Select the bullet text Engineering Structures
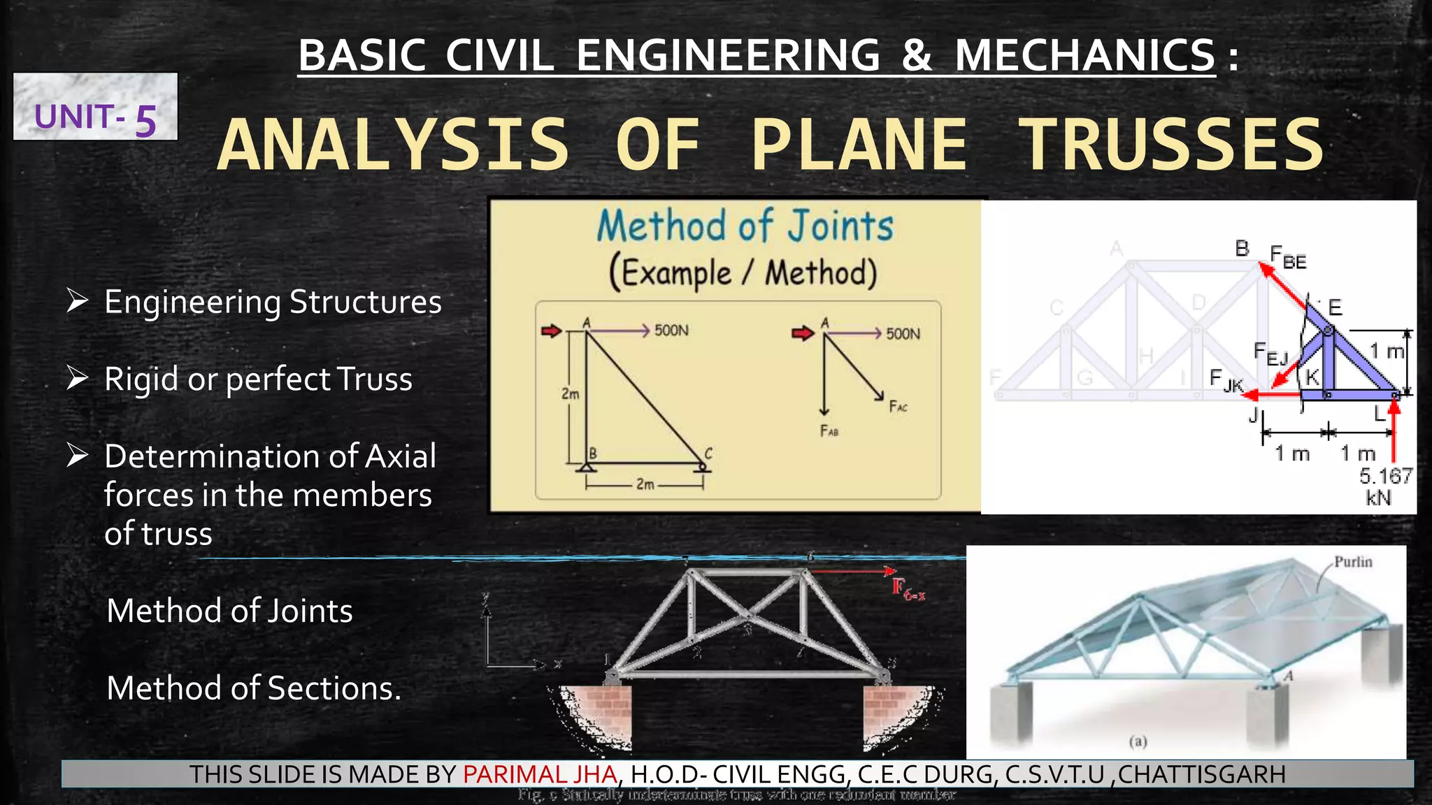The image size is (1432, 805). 273,302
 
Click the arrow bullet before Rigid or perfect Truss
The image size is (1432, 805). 77,378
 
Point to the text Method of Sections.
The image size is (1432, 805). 254,688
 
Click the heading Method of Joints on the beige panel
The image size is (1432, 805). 745,226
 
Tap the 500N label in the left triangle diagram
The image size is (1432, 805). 671,330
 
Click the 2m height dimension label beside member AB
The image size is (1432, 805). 571,394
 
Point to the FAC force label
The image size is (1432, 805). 898,407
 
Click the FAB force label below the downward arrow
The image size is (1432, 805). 829,431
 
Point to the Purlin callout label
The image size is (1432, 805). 1353,562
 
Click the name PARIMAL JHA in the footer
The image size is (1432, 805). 540,774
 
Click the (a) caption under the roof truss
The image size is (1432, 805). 1138,741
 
